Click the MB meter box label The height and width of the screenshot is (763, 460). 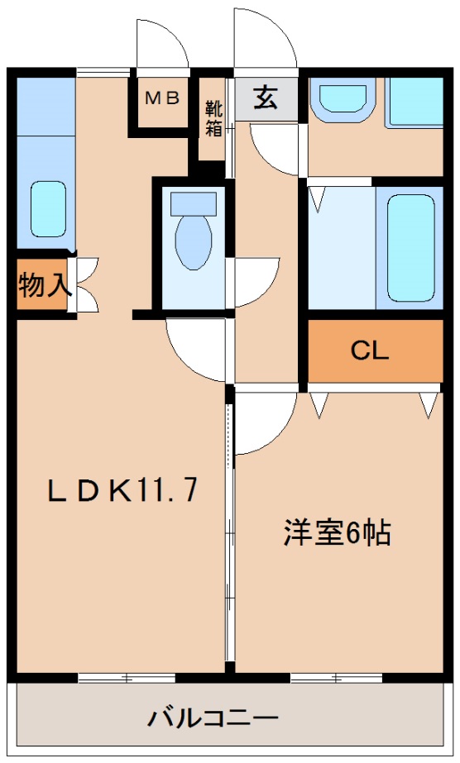[x=163, y=98]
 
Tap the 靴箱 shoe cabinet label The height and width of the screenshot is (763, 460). [x=213, y=118]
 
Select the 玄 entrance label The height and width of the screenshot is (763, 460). [x=266, y=98]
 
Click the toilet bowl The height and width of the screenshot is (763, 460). [x=194, y=242]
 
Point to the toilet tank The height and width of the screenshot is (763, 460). [x=194, y=203]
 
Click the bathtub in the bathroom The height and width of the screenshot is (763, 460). [x=411, y=248]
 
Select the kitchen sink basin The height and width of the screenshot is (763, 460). [x=48, y=209]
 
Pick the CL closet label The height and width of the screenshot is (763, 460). [x=370, y=351]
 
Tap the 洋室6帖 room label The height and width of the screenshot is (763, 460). [x=338, y=533]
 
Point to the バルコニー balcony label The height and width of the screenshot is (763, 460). [x=213, y=718]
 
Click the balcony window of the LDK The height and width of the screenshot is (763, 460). [x=127, y=677]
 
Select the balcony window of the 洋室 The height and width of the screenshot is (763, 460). [x=337, y=677]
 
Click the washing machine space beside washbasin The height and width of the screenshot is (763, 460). [x=414, y=103]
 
